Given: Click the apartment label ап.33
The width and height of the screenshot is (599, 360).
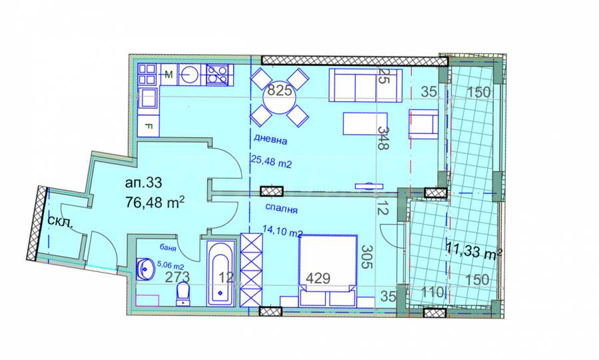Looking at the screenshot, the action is [143, 183].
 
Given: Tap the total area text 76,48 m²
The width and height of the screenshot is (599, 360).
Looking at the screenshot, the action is [155, 202].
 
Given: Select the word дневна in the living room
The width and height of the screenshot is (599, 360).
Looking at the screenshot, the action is [271, 140].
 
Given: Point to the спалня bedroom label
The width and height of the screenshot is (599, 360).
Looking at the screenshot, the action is [281, 209].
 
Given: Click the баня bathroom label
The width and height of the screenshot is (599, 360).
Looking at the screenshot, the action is [168, 248].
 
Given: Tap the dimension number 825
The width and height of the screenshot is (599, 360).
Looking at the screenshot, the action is [280, 91].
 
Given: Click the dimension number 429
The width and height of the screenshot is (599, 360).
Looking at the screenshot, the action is [318, 278].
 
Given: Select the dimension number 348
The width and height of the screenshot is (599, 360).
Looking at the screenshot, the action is [383, 138].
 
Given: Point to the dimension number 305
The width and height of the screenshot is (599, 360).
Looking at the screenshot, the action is [366, 257].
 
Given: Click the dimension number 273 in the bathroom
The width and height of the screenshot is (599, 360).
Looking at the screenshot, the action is [177, 277].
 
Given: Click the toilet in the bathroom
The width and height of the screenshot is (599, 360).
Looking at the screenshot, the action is [183, 294].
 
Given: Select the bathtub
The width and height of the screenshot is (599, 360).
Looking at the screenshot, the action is [221, 273].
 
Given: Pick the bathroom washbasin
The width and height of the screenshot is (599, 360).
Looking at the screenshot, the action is [145, 269].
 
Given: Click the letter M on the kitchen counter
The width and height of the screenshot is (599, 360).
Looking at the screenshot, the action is [169, 75].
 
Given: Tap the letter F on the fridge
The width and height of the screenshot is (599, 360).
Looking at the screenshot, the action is [149, 125].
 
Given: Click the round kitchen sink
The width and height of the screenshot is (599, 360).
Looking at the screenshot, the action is [189, 74].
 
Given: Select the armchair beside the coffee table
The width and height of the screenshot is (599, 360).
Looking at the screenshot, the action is [423, 124].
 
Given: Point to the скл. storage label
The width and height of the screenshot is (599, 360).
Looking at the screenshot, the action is [61, 221].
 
